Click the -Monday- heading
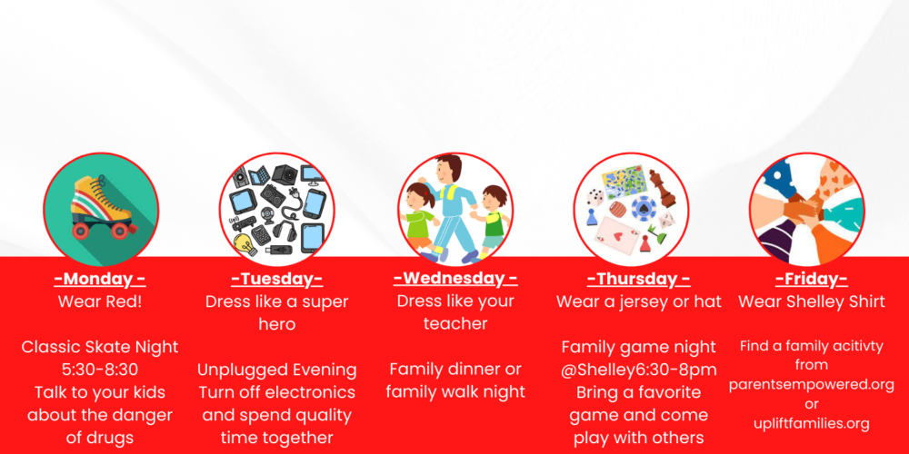(100, 279)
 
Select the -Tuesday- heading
(276, 279)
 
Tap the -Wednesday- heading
(455, 279)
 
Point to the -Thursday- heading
(638, 279)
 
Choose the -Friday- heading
(811, 279)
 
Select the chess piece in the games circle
(664, 189)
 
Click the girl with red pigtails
(420, 215)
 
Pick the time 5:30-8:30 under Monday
(100, 370)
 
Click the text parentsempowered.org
(811, 384)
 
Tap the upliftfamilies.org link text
(811, 423)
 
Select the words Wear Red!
(100, 301)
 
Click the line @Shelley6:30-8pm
(638, 370)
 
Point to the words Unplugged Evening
(276, 370)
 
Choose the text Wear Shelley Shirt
(811, 301)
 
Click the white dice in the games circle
(595, 197)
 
